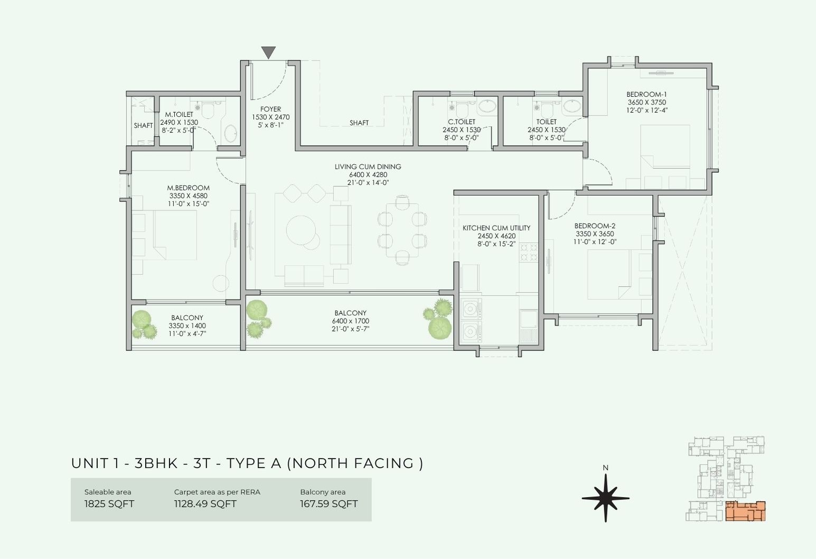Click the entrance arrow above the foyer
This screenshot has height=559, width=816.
pos(268,52)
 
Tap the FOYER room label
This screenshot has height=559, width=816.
pos(270,109)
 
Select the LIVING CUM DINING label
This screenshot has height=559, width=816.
pos(368,166)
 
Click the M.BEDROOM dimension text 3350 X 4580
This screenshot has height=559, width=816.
pos(189,196)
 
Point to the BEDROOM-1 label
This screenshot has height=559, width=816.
pos(646,95)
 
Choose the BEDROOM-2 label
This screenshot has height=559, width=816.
pos(595,226)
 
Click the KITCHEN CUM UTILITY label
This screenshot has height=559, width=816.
pos(496,228)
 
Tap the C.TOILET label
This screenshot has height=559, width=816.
pos(462,122)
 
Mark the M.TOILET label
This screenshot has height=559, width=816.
pos(179,115)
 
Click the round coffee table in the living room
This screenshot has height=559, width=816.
pos(301,230)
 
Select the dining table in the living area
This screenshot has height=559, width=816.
pos(402,230)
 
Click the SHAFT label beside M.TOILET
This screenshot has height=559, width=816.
pos(143,126)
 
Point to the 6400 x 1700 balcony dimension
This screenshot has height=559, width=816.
pos(351,321)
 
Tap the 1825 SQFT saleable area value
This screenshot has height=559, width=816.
pos(109,504)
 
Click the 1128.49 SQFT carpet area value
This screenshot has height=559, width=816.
pos(205,504)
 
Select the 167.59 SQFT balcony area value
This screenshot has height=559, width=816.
pos(329,504)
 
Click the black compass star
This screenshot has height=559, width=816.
pos(605,498)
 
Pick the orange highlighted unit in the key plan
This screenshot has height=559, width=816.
pos(745,511)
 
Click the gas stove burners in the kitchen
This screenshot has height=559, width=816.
pos(529,253)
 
